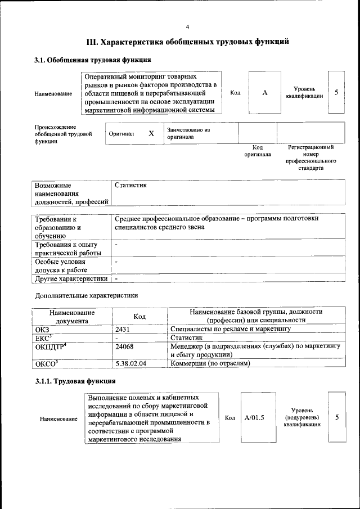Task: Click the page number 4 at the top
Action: [x=187, y=27]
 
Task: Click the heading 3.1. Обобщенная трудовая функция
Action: [x=92, y=60]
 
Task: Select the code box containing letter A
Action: [x=264, y=93]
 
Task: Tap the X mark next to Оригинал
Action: [x=151, y=134]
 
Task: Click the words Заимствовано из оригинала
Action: [x=188, y=133]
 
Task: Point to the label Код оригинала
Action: [x=257, y=151]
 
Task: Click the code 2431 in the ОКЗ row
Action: [x=123, y=327]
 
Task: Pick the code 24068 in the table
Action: [x=124, y=346]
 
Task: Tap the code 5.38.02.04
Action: [x=130, y=364]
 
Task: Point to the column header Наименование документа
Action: [x=72, y=316]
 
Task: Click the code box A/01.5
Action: [x=255, y=418]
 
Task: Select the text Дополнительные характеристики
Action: [x=86, y=295]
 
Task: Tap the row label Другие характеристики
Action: [x=71, y=278]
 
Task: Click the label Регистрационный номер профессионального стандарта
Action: [x=310, y=157]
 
